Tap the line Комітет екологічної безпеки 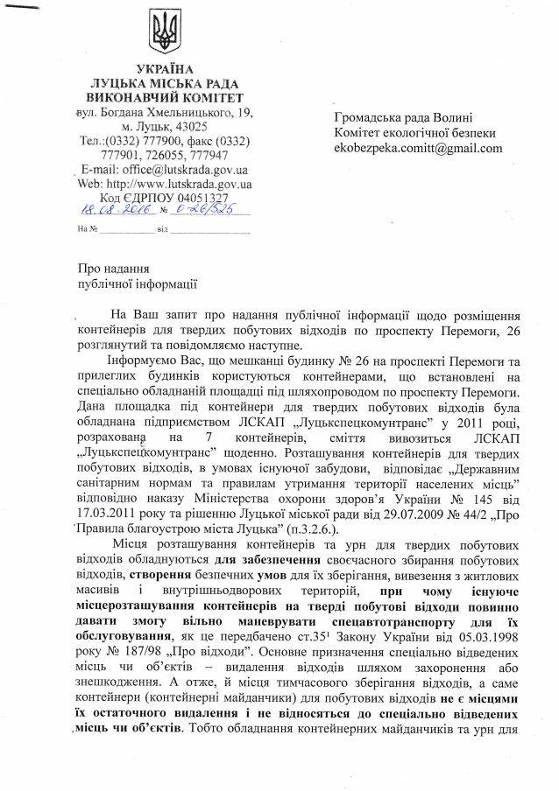point(414,133)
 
